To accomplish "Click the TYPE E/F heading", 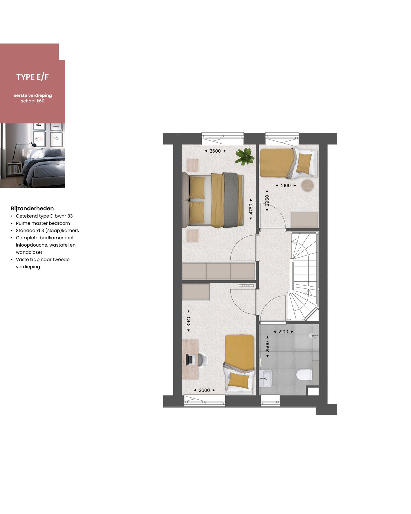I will (32, 77).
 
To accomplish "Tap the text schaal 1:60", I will (32, 101).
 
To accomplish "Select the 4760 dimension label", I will (251, 209).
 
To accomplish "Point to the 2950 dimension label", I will (267, 200).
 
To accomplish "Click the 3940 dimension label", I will (189, 321).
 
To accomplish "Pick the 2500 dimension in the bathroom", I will (267, 347).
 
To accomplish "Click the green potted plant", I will (245, 156).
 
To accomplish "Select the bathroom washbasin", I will (265, 378).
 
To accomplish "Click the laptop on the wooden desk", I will (191, 359).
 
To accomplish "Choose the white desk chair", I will (202, 359).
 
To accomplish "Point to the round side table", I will (307, 185).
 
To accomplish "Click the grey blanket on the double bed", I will (231, 200).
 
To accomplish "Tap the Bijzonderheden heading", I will (32, 208).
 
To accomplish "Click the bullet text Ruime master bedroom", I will (43, 223).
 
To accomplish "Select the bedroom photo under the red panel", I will (32, 155).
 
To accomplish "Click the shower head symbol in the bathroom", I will (313, 336).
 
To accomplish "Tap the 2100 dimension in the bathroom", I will (283, 332).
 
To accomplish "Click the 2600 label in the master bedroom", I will (215, 151).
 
